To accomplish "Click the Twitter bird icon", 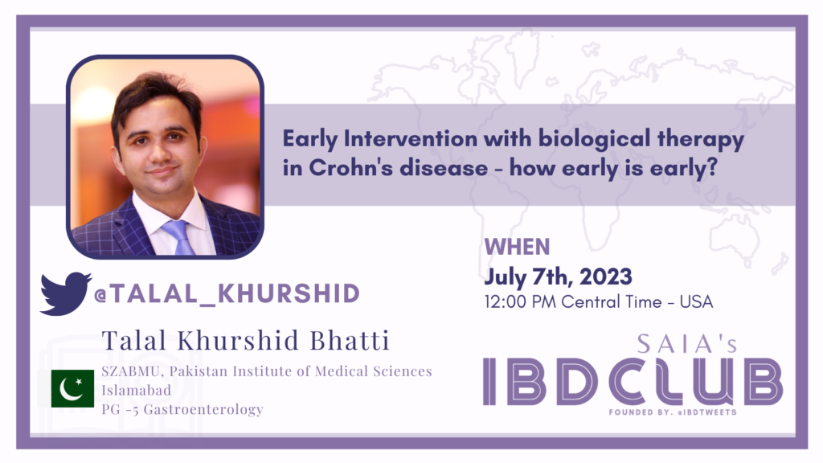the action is (x=65, y=293).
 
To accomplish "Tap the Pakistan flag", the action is (x=72, y=388).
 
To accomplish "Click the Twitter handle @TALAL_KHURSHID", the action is (x=227, y=293).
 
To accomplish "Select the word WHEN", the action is (x=517, y=247).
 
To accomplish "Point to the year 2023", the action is (x=606, y=277).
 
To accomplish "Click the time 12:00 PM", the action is (x=520, y=302).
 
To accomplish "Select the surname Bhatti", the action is (x=350, y=340).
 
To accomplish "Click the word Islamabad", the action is (x=137, y=390).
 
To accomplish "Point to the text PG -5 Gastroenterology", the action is (x=182, y=409).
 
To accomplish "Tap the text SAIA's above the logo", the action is (x=687, y=344).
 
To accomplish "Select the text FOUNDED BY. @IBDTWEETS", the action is (x=673, y=412).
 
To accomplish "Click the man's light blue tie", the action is (x=178, y=236).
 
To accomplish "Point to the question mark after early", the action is (x=711, y=168).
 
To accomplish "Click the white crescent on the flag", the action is (x=70, y=390).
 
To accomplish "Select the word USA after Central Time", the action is (x=696, y=302).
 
